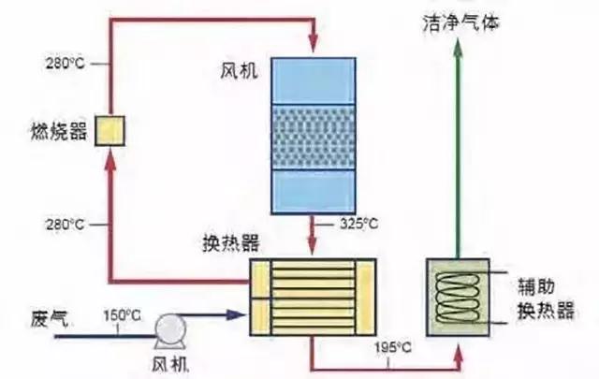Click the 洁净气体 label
460,22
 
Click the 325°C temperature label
358,225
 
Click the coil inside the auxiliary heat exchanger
460,296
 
